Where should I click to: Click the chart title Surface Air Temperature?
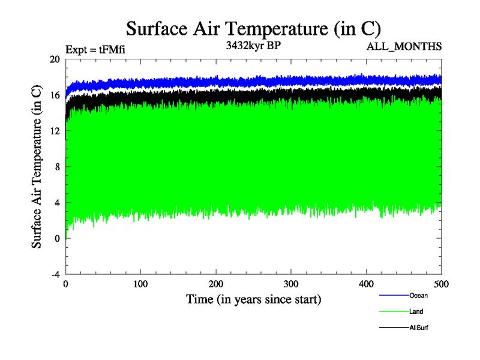tap(253, 28)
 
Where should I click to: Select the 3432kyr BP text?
tap(253, 46)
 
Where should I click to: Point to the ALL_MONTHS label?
tap(407, 46)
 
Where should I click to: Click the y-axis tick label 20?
tap(55, 59)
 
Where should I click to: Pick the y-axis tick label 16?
tap(55, 95)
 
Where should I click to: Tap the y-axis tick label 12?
tap(55, 131)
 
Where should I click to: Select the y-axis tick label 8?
tap(57, 167)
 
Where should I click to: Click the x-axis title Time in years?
tap(253, 299)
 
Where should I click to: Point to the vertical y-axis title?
tap(37, 167)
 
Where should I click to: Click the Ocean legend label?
tap(419, 295)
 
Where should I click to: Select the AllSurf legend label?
tap(419, 328)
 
